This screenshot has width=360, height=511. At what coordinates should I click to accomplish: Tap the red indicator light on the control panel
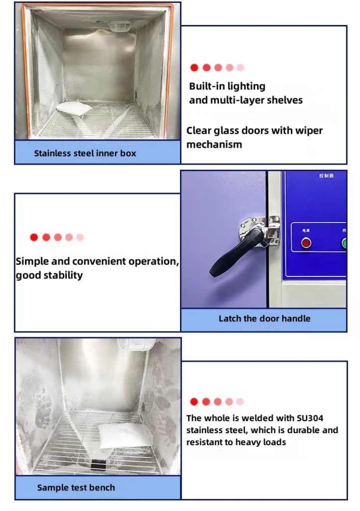(x=305, y=243)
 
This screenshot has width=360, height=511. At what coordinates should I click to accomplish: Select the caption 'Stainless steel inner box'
(x=85, y=153)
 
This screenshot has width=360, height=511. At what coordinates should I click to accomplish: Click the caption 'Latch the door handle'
(x=264, y=318)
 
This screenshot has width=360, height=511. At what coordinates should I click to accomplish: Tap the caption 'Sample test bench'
(x=76, y=488)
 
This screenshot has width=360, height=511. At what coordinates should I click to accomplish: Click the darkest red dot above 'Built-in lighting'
(x=194, y=68)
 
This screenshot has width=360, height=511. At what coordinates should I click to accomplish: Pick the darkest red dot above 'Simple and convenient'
(x=34, y=238)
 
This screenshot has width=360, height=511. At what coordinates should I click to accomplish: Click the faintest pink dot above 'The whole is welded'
(x=240, y=402)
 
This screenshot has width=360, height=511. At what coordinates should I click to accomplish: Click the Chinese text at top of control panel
(x=326, y=176)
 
